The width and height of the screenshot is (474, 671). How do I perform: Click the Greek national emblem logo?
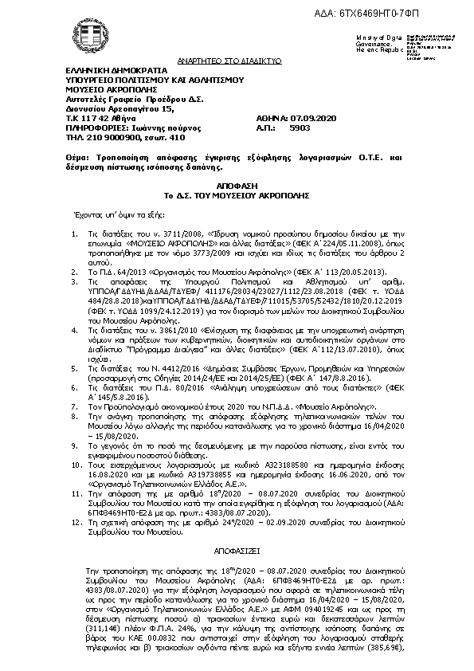[82, 39]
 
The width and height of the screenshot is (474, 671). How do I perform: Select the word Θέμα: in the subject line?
[79, 159]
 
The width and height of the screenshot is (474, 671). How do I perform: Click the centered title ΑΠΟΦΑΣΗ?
[236, 183]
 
